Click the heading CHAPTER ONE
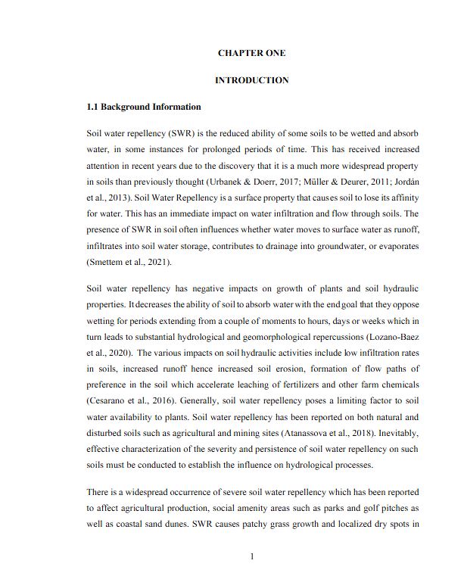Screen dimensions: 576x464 pyautogui.click(x=251, y=53)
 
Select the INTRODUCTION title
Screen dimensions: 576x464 pyautogui.click(x=251, y=80)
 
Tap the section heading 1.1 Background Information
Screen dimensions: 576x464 pyautogui.click(x=144, y=107)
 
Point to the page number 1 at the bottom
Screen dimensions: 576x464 pyautogui.click(x=251, y=557)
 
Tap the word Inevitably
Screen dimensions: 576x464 pyautogui.click(x=395, y=434)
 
